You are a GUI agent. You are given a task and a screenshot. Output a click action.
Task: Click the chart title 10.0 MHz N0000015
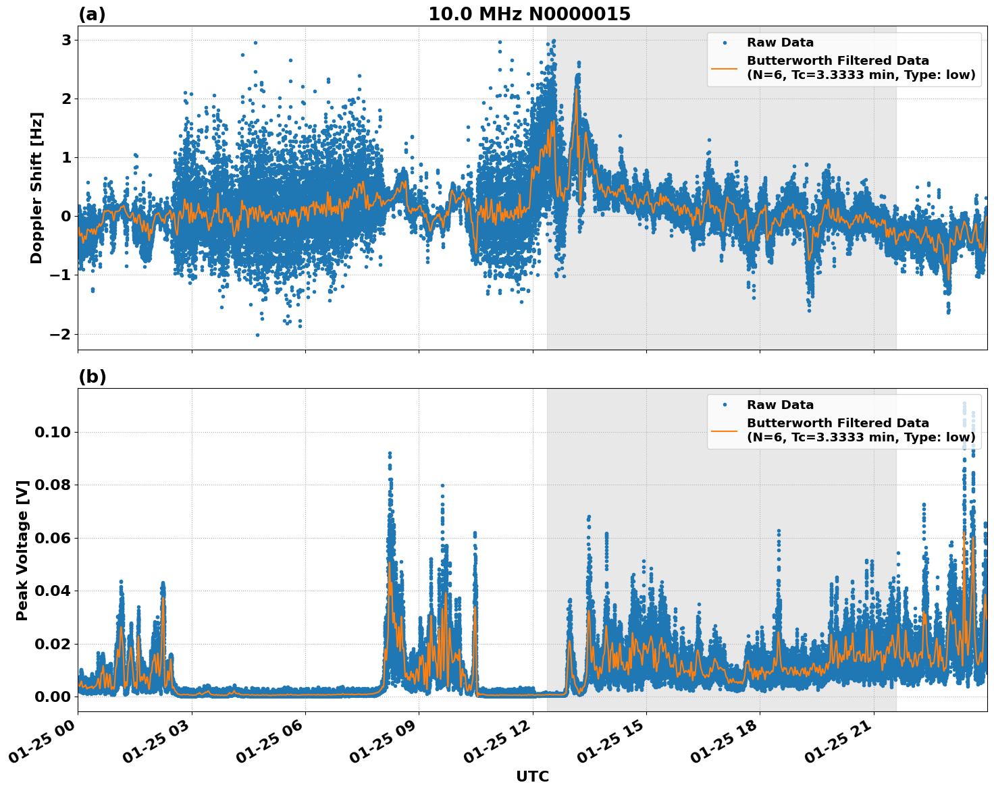529,14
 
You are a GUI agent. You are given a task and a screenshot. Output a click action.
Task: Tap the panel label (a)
92,14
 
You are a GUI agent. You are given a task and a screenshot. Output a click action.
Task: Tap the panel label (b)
92,377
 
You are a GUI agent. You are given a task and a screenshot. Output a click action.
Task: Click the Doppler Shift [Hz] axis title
36,188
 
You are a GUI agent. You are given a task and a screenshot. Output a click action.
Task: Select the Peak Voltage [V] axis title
22,550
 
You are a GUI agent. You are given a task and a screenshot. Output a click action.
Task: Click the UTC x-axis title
532,776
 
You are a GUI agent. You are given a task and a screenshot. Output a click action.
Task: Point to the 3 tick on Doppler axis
66,40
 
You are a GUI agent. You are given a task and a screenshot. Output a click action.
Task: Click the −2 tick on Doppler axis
60,334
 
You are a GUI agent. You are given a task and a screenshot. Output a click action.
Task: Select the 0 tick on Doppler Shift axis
66,217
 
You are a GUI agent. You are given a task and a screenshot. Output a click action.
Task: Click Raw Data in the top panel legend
780,43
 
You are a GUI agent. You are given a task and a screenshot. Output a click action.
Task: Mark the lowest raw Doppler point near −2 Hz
257,335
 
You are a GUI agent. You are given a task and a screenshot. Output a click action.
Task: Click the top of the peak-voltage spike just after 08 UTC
390,454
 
